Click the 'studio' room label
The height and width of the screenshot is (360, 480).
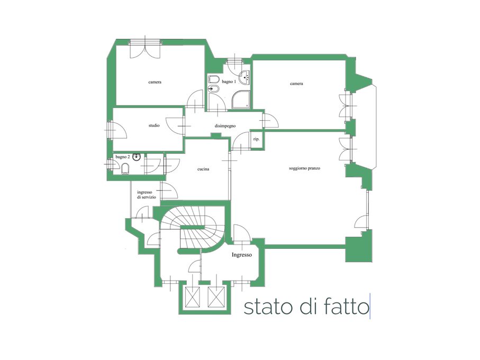click(154, 125)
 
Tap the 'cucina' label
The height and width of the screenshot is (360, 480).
click(203, 169)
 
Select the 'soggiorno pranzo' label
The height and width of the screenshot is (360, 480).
click(305, 168)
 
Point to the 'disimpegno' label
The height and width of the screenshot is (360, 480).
click(225, 126)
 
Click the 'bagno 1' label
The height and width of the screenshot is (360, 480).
click(229, 82)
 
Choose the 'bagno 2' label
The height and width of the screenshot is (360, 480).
click(123, 157)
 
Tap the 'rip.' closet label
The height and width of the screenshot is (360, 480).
click(257, 139)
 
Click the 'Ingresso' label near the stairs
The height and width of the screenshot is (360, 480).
click(242, 255)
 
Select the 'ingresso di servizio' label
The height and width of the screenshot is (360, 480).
click(147, 195)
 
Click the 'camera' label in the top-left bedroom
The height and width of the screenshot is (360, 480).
click(155, 82)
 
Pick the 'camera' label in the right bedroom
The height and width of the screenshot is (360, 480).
click(297, 84)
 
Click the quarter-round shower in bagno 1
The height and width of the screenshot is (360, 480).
click(241, 100)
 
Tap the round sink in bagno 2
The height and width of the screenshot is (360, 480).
click(137, 157)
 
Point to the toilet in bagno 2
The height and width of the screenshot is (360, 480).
click(125, 169)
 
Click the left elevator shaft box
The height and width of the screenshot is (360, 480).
click(193, 297)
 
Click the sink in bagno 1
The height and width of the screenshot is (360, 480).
click(244, 77)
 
